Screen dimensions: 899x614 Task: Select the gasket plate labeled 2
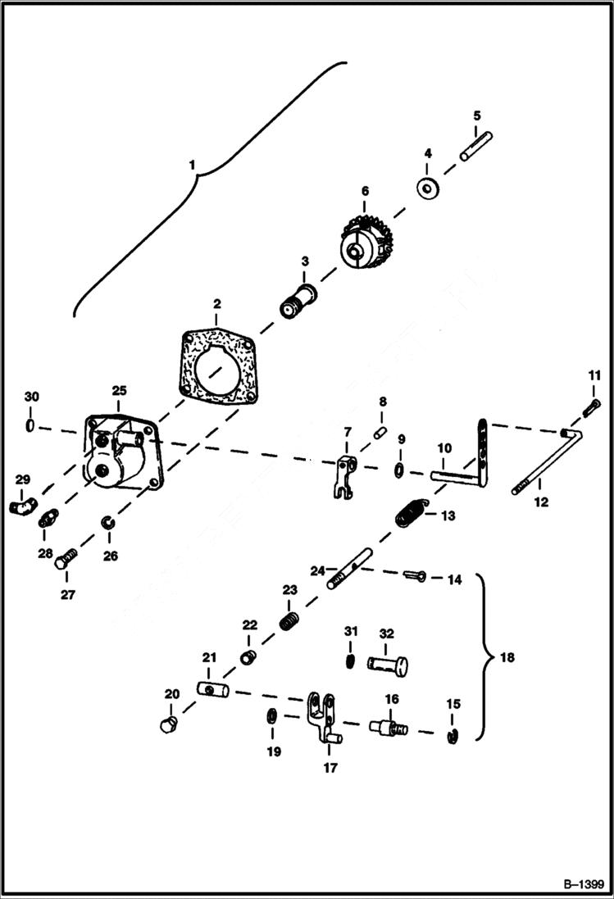click(216, 368)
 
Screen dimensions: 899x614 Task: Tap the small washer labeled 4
click(427, 188)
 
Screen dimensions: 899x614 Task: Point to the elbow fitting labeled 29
click(22, 506)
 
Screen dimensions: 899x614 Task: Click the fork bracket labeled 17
click(321, 716)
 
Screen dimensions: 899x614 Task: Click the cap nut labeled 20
click(168, 724)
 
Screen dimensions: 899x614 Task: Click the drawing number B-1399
click(583, 884)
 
